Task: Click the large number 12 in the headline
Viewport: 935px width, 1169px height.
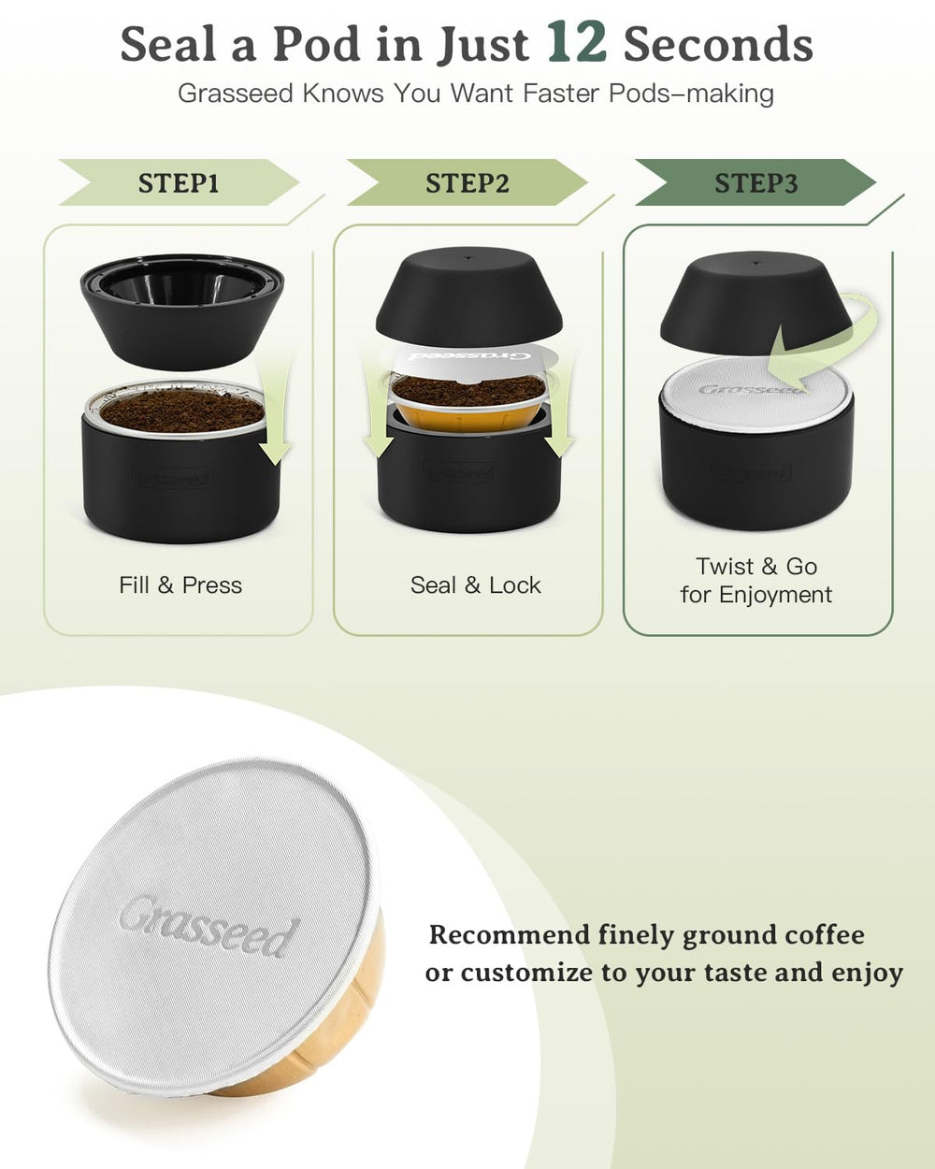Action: (576, 43)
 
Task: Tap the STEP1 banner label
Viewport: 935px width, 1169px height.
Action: (179, 183)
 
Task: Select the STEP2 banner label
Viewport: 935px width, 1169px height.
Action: (467, 183)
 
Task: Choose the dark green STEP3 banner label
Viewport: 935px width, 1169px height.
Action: (755, 183)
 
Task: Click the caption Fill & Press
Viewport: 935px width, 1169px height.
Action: (180, 585)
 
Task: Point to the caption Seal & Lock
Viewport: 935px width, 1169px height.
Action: (475, 585)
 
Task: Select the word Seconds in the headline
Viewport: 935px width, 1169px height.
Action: (718, 45)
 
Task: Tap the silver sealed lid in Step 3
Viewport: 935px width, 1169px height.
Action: (755, 393)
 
